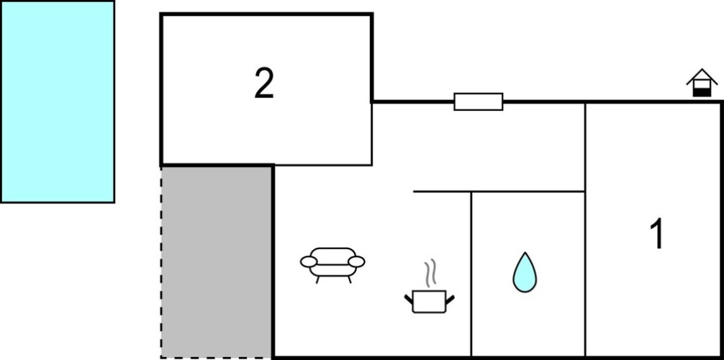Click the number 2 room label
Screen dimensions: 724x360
[x=264, y=84]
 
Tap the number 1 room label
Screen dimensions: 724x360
[x=656, y=233]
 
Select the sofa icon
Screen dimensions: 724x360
[x=332, y=265]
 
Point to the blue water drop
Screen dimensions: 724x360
[x=525, y=273]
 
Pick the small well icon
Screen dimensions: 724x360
[x=702, y=83]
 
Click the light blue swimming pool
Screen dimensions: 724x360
[x=58, y=102]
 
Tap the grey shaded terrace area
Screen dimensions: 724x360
[x=216, y=261]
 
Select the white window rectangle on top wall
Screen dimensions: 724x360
[x=479, y=102]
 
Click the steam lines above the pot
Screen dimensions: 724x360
[x=430, y=273]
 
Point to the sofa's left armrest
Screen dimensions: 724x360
[x=309, y=262]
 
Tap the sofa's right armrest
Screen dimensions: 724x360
[x=356, y=262]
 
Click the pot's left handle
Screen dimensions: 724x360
[x=409, y=299]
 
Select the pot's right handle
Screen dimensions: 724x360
[x=451, y=299]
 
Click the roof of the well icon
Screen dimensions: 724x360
[x=702, y=76]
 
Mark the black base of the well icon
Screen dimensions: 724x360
[x=702, y=93]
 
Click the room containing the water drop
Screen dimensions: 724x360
[x=528, y=274]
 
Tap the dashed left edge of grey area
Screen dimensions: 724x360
[x=161, y=261]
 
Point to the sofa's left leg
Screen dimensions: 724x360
[x=317, y=279]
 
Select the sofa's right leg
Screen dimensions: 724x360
[x=350, y=279]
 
